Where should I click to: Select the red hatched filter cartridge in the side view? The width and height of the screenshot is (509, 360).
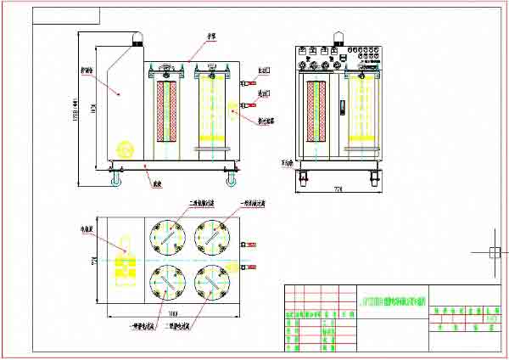(x=165, y=111)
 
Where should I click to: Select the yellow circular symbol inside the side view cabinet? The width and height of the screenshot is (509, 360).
(x=124, y=148)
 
